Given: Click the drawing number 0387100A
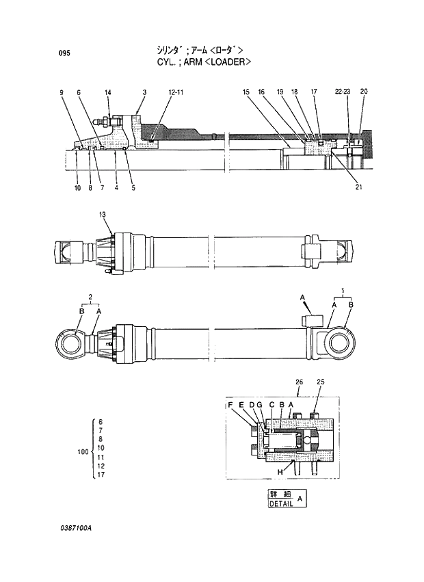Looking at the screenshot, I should click(75, 529).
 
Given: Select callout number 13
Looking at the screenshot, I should click(103, 215).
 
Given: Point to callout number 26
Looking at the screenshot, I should click(299, 382).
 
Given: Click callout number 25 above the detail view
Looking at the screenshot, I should click(320, 382).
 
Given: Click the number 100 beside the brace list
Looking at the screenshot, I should click(83, 452).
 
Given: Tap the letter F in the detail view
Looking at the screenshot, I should click(231, 406).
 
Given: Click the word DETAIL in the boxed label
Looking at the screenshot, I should click(281, 503).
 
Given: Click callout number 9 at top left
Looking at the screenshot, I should click(62, 92).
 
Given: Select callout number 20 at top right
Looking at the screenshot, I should click(364, 92).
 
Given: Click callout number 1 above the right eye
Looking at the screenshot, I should click(342, 291).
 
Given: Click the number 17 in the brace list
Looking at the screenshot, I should click(101, 474).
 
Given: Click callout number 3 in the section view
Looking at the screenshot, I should click(144, 92).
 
